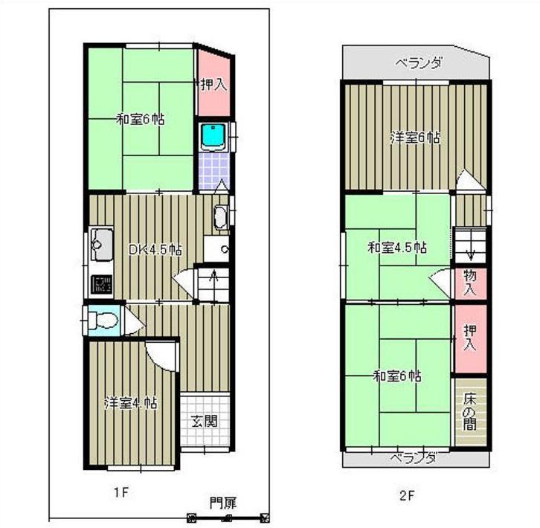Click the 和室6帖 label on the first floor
(141, 118)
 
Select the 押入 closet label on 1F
(212, 83)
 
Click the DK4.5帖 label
(156, 250)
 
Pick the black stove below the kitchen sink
(101, 284)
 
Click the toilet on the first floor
(103, 321)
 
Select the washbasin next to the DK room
(221, 218)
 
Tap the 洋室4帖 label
(129, 403)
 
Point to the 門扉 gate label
(224, 503)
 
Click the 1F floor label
(121, 492)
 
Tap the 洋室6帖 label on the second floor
(415, 138)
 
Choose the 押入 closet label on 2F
(470, 338)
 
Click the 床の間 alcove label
(470, 412)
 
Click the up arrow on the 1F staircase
(214, 280)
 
